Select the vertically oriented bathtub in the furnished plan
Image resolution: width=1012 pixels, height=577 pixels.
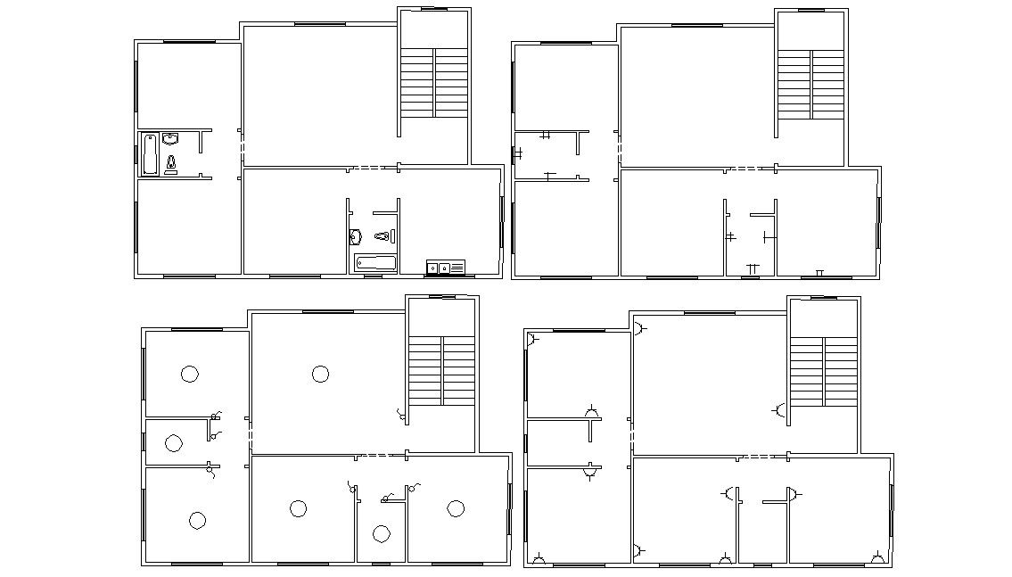[150, 154]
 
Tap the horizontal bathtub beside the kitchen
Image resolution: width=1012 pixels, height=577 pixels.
[375, 262]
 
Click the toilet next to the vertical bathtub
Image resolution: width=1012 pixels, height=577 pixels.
[170, 163]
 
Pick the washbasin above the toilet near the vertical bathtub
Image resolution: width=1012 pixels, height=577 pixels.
[171, 139]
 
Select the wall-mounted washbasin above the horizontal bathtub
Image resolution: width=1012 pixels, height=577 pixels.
[355, 236]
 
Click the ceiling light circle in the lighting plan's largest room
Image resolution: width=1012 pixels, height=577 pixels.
[320, 375]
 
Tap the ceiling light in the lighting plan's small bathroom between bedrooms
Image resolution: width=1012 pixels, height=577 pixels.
[174, 442]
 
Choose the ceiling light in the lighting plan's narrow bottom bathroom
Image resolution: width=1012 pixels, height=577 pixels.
[382, 534]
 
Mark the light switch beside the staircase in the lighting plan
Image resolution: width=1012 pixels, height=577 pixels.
[400, 412]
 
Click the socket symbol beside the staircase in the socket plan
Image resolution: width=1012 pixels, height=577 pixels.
[780, 410]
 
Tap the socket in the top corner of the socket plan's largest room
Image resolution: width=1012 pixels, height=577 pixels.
[638, 328]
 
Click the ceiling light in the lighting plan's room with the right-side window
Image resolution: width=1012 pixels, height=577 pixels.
[456, 509]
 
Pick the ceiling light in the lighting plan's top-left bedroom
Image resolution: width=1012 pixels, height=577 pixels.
[189, 374]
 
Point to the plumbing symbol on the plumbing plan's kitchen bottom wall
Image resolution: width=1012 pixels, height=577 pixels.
[820, 271]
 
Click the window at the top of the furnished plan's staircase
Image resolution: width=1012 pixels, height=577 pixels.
[434, 9]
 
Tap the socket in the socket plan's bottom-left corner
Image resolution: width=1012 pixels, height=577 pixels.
[538, 559]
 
